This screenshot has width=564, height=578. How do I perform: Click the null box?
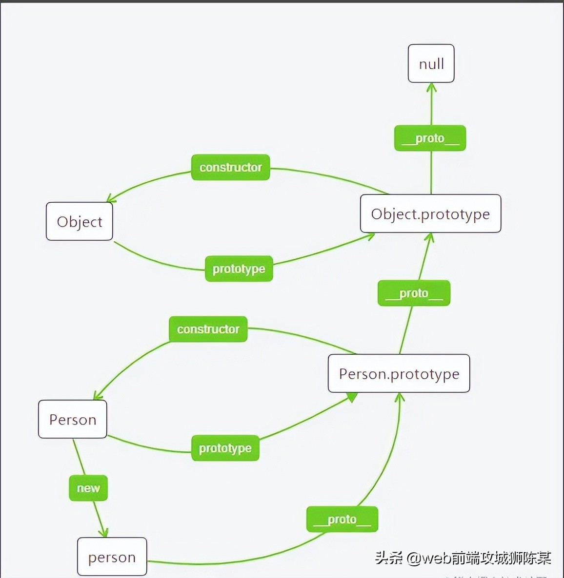pyautogui.click(x=431, y=63)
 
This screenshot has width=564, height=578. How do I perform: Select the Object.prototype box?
pyautogui.click(x=430, y=213)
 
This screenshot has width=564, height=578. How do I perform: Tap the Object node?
pyautogui.click(x=80, y=222)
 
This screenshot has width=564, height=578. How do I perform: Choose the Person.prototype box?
pyautogui.click(x=399, y=373)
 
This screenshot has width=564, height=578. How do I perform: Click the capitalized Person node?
pyautogui.click(x=73, y=419)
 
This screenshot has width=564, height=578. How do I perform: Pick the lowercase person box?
pyautogui.click(x=112, y=557)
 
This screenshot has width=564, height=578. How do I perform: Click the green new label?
pyautogui.click(x=88, y=488)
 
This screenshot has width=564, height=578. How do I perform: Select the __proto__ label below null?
pyautogui.click(x=430, y=138)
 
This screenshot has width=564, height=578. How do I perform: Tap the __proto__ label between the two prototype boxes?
pyautogui.click(x=414, y=293)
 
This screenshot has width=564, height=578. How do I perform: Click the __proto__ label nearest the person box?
pyautogui.click(x=342, y=520)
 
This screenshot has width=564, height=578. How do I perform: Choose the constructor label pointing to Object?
pyautogui.click(x=230, y=167)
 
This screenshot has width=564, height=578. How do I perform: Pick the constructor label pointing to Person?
pyautogui.click(x=208, y=329)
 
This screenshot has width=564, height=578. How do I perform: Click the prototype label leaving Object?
pyautogui.click(x=239, y=269)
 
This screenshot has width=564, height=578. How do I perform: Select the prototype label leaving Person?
pyautogui.click(x=225, y=448)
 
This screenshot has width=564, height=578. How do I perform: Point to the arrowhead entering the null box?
pyautogui.click(x=431, y=88)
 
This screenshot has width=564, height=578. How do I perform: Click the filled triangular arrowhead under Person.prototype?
pyautogui.click(x=351, y=397)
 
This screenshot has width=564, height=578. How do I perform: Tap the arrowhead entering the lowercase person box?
pyautogui.click(x=103, y=532)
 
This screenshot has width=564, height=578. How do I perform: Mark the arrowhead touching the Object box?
pyautogui.click(x=111, y=199)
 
